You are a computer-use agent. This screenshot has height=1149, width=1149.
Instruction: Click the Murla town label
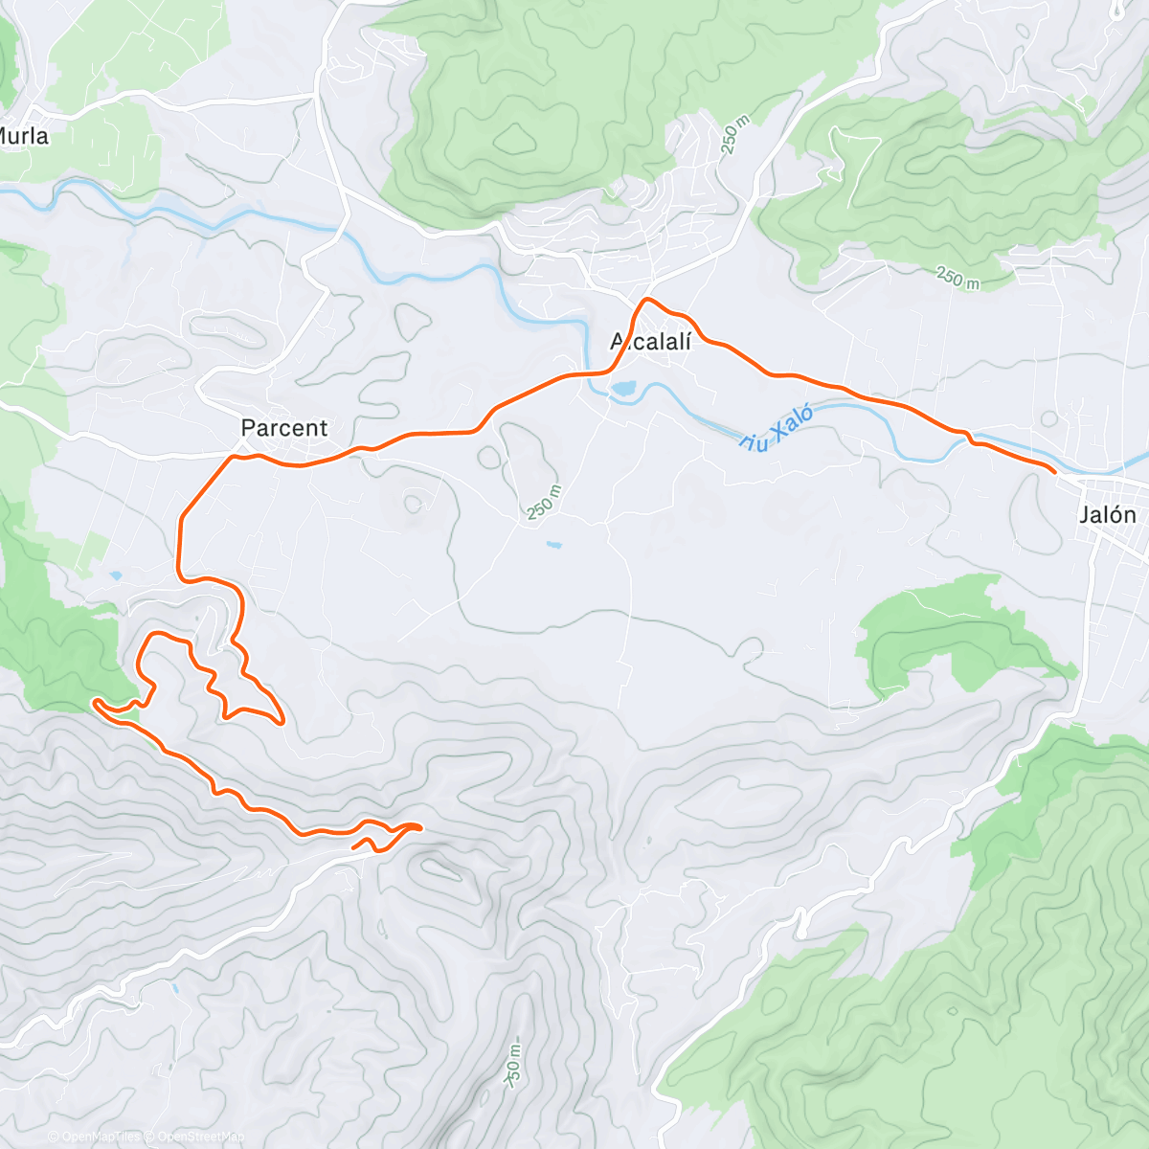point(23,136)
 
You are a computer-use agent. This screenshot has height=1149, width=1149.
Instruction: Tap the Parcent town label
point(283,428)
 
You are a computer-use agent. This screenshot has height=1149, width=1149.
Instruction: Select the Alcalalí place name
point(651,342)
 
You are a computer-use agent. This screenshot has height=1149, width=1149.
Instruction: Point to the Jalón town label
point(1108,515)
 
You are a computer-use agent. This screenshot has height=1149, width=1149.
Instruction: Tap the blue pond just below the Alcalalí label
point(622,390)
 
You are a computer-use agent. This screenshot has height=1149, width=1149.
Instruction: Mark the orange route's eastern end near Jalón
point(1054,472)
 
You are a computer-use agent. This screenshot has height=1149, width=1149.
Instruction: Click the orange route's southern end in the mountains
point(354,847)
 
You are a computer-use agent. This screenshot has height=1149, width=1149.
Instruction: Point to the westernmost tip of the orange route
point(94,703)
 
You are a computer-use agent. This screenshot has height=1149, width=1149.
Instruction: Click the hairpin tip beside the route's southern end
point(419,826)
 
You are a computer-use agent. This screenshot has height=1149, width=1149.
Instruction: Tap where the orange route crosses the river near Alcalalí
point(598,372)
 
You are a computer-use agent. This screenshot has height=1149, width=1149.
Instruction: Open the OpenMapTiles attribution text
point(96,1137)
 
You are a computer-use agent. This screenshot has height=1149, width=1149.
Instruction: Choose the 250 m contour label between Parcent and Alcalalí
point(543,503)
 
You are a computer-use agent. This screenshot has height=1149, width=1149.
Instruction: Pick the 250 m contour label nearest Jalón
point(957,279)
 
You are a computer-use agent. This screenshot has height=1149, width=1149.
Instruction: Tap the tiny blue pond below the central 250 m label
point(554,545)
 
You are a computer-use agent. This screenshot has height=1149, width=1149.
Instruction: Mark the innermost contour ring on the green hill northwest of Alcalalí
point(516,140)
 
